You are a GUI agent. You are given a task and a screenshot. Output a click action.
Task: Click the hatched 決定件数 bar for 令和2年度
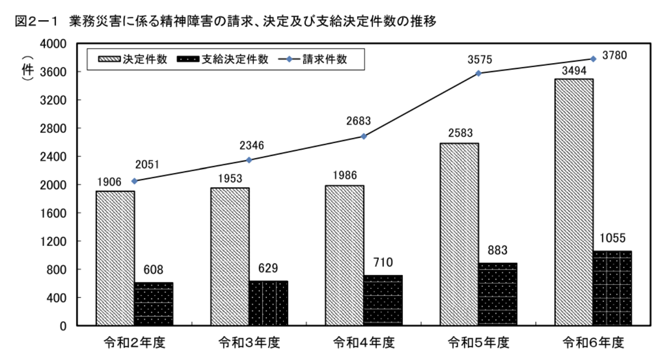click(115, 258)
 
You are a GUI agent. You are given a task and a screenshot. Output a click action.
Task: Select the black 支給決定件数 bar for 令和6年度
click(613, 288)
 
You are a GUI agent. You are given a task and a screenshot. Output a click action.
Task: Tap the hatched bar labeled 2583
click(459, 234)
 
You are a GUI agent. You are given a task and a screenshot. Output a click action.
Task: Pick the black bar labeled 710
click(383, 300)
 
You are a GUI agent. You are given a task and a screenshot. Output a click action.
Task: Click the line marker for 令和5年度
click(479, 74)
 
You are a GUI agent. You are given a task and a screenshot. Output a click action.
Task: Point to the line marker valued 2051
click(134, 181)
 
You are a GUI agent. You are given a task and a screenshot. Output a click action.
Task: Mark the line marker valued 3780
click(593, 59)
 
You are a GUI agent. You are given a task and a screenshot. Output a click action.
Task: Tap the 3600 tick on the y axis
click(53, 72)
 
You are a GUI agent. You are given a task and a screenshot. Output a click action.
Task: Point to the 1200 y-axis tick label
click(53, 241)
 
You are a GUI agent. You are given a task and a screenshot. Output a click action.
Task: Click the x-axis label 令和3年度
click(249, 342)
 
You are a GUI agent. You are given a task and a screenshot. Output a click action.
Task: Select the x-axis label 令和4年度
click(364, 342)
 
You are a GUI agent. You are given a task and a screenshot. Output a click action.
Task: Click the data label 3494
click(574, 71)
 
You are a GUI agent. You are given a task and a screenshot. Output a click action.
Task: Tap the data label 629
click(268, 268)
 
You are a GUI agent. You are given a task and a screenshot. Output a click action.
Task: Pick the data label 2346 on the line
click(252, 145)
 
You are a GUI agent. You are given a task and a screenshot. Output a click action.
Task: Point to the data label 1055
click(613, 238)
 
